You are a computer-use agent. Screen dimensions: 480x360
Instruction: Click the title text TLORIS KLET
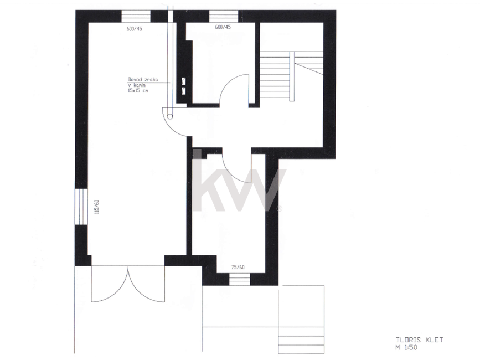point(420,340)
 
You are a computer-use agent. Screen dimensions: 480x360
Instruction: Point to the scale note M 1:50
point(406,347)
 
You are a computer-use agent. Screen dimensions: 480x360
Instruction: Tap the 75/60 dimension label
point(238,268)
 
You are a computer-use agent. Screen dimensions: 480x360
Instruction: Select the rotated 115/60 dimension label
point(97,207)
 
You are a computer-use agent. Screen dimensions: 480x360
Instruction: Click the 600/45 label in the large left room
point(135,29)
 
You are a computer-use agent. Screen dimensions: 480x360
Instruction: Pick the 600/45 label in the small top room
point(223,27)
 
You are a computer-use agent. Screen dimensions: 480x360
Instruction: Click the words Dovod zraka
point(143,80)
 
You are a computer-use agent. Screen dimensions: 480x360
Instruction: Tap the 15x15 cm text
point(138,91)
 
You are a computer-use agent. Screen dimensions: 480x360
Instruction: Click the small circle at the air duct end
point(170,116)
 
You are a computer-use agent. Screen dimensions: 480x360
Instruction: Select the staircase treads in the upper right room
point(291,76)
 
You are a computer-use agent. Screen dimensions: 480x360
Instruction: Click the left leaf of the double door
point(110,284)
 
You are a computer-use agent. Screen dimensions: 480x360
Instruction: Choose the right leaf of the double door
point(146,284)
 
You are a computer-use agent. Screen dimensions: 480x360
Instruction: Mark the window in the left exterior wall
point(81,207)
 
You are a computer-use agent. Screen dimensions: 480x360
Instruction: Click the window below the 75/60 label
point(239,280)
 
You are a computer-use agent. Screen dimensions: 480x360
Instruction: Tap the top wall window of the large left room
point(136,16)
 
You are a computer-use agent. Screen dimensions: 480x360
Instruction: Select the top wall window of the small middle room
point(224,16)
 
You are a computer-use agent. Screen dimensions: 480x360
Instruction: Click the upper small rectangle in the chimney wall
point(184,81)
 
